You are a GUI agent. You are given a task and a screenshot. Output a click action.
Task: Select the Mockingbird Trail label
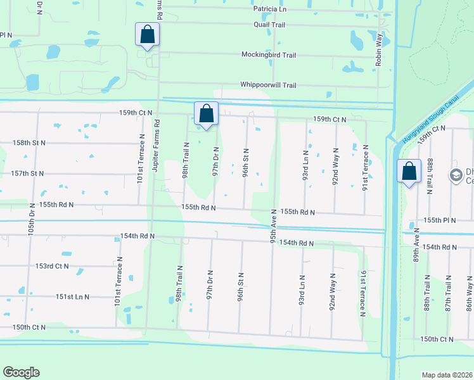click(269, 55)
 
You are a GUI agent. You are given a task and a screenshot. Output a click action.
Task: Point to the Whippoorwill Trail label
click(268, 85)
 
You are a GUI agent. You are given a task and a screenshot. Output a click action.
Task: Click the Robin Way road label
click(379, 50)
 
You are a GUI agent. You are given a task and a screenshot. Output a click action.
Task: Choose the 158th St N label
click(29, 143)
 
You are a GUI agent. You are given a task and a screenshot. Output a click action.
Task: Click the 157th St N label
click(28, 173)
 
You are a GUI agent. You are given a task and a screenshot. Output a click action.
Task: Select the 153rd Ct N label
click(52, 266)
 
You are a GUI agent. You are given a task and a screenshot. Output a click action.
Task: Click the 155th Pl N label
click(440, 220)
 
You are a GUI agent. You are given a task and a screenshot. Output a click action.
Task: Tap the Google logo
click(21, 372)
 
